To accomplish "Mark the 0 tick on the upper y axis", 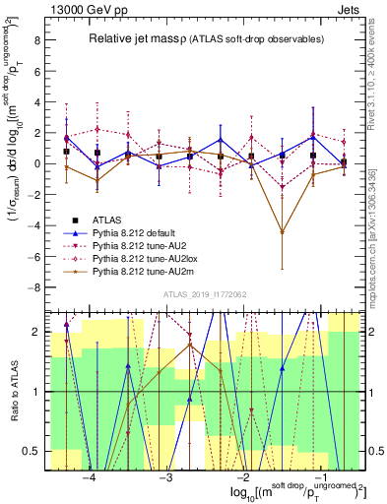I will tap(36, 163).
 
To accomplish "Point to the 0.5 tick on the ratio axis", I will tap(32, 452).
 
